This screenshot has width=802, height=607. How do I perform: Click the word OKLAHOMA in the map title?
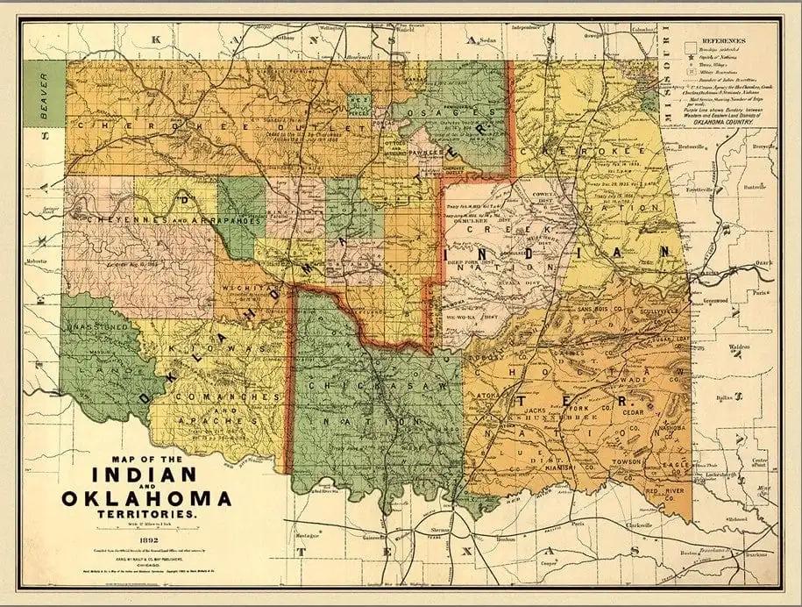pyautogui.click(x=146, y=498)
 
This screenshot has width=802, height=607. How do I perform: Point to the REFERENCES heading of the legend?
pyautogui.click(x=720, y=40)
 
